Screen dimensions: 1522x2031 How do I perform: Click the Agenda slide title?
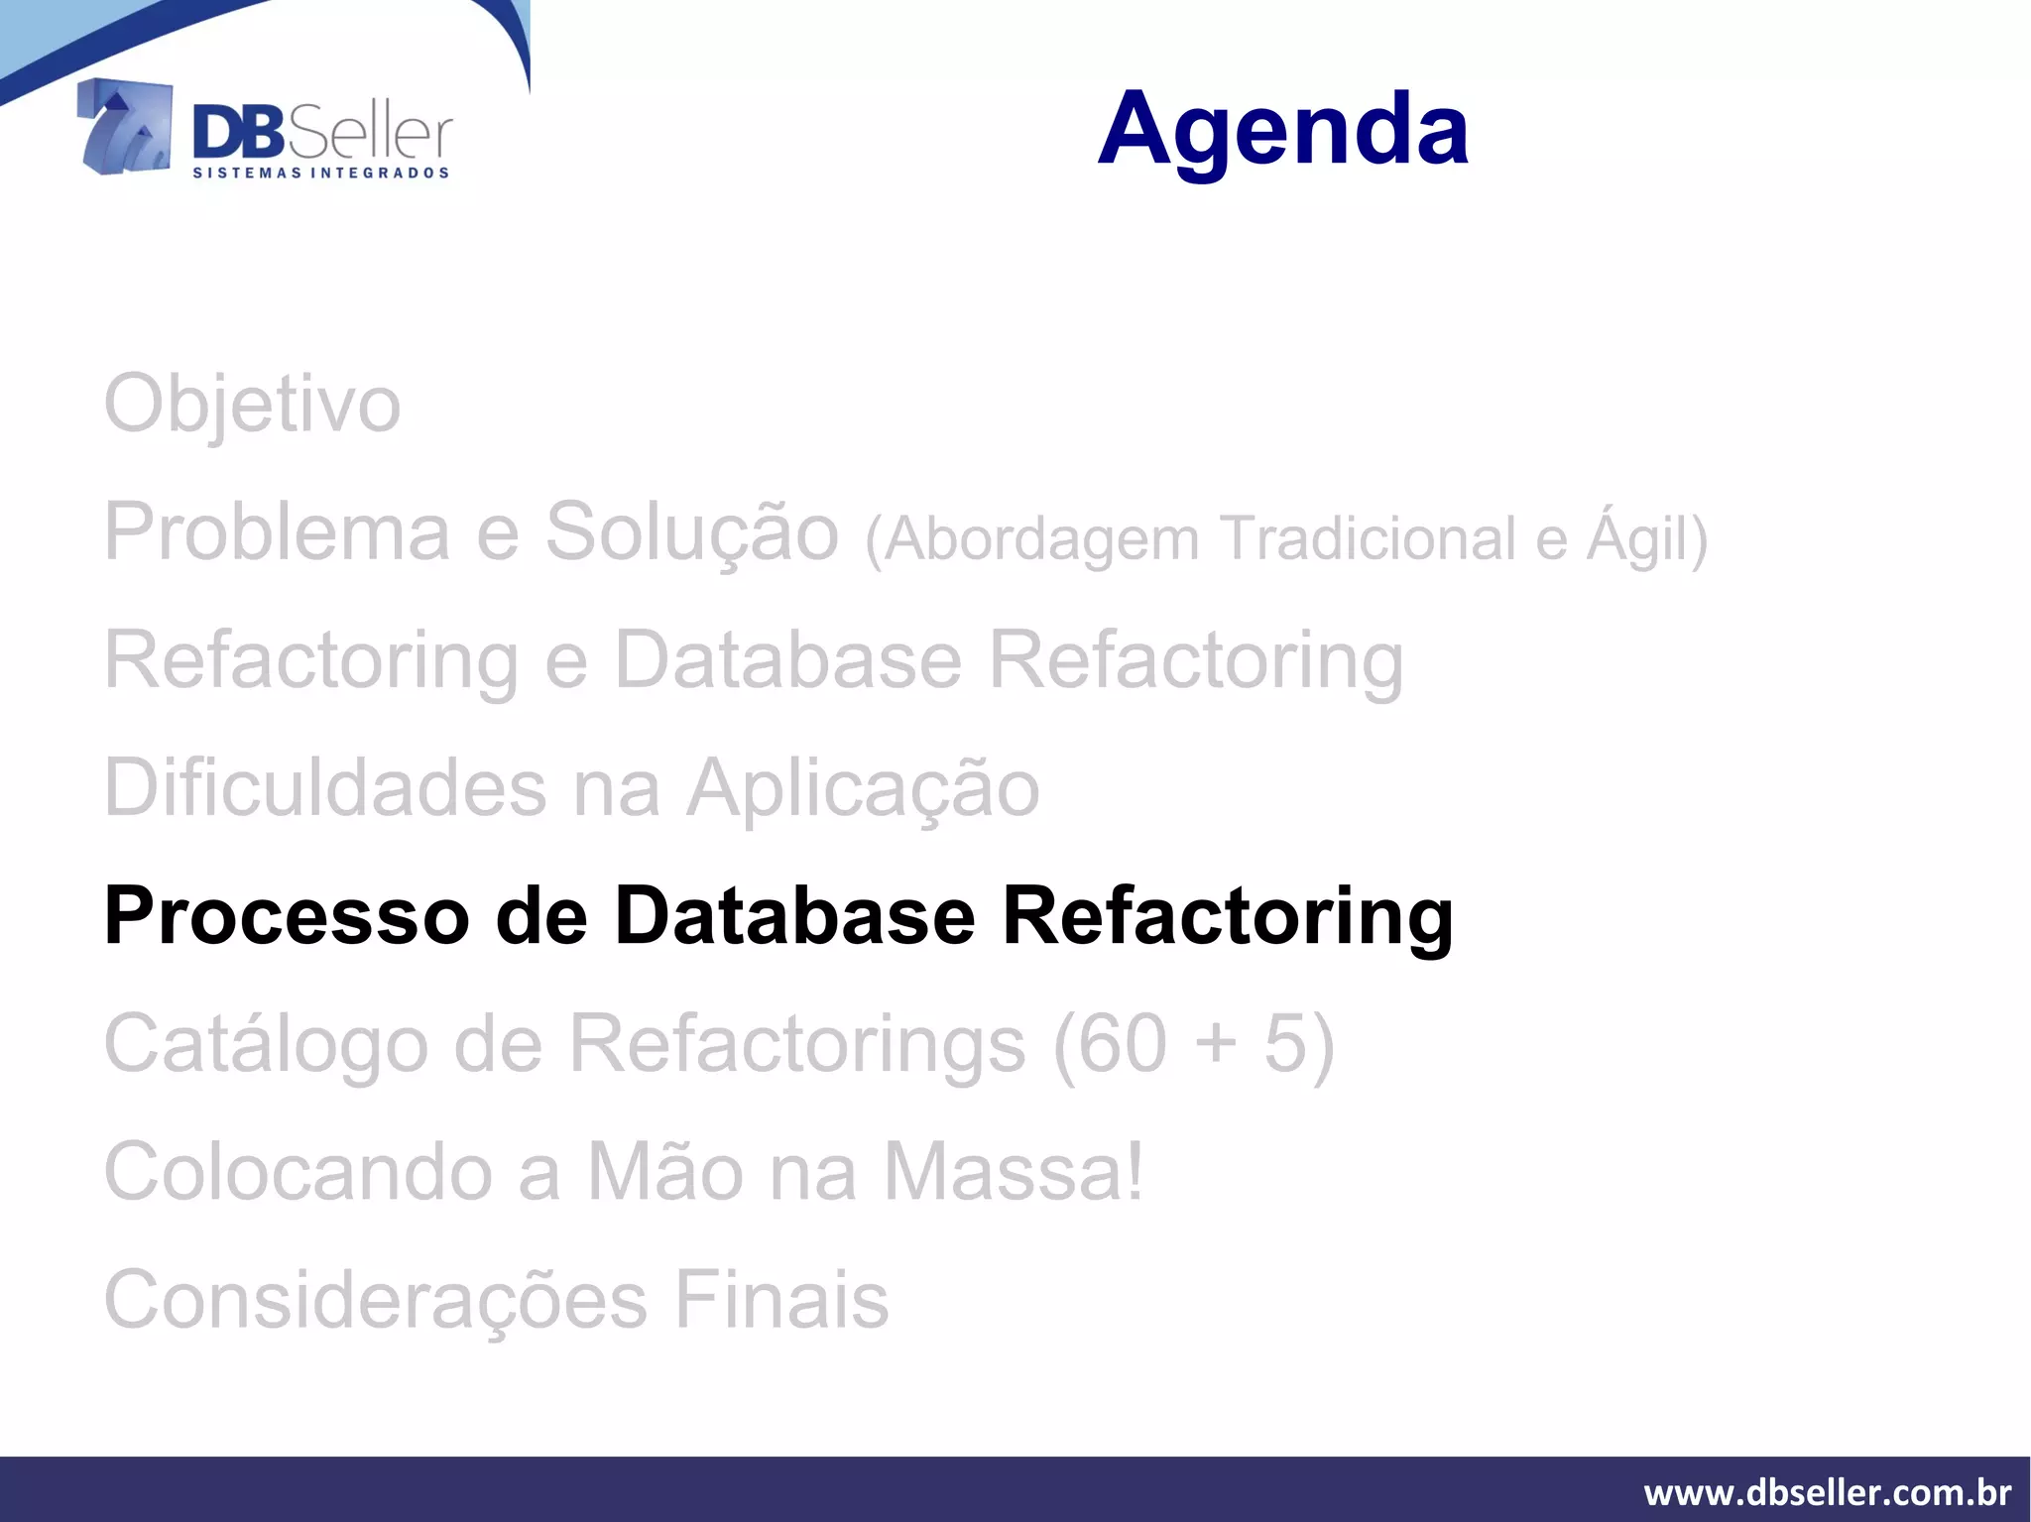(x=1283, y=129)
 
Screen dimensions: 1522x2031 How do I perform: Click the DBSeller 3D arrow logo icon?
(x=125, y=127)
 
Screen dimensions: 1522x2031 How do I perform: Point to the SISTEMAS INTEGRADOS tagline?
(x=320, y=173)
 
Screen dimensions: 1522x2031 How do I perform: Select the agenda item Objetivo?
(x=252, y=405)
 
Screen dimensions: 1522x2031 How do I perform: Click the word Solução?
(x=691, y=532)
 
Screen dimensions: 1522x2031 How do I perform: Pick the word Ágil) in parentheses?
(x=1646, y=538)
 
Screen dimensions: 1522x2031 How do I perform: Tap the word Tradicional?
(x=1368, y=538)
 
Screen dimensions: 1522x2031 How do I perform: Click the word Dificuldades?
(x=325, y=788)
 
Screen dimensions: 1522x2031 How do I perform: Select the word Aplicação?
(x=863, y=788)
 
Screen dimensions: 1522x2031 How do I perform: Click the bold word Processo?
(x=286, y=915)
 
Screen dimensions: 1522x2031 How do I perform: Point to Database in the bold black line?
(x=794, y=915)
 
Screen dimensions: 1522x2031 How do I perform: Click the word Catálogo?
(x=266, y=1044)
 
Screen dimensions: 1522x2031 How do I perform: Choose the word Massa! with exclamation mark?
(x=1013, y=1172)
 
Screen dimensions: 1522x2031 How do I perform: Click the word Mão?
(x=665, y=1172)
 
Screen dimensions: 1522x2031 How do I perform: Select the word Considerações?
(x=376, y=1300)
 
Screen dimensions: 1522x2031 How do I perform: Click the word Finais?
(x=781, y=1300)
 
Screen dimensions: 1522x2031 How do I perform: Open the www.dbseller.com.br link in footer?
(x=1827, y=1492)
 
